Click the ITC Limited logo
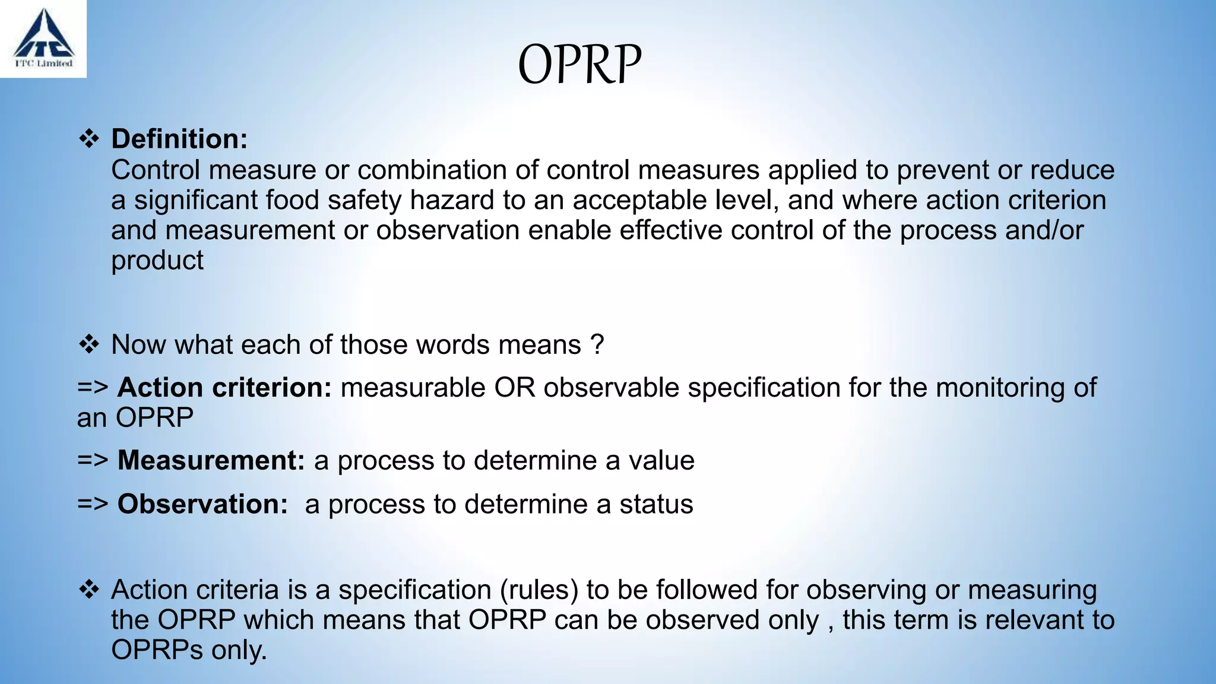43,38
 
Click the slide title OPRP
579,64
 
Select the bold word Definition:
179,139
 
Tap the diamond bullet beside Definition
89,139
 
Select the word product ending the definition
157,261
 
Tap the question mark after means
597,345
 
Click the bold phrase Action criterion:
224,388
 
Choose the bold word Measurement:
211,461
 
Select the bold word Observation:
202,504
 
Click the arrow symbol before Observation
93,504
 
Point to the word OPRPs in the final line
157,650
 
